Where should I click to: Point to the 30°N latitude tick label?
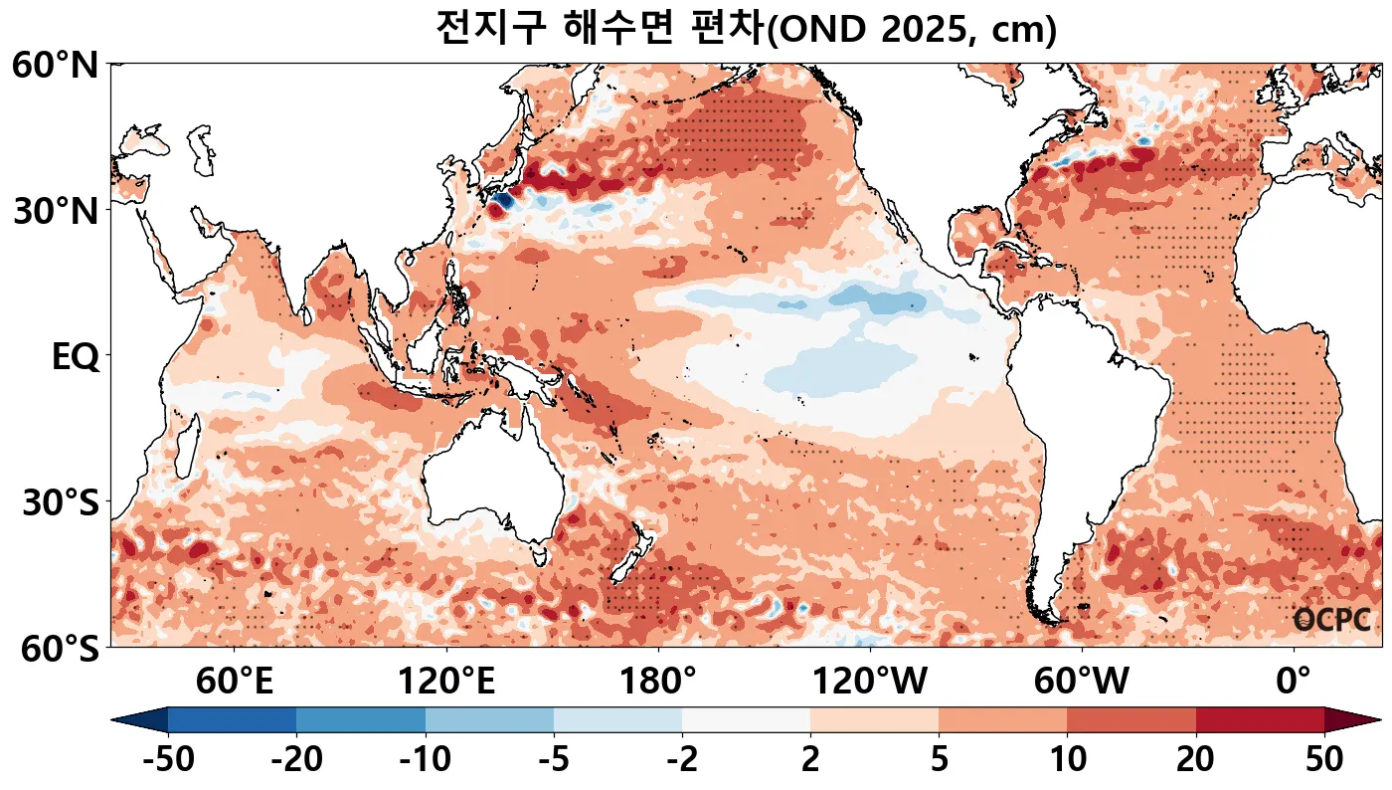55,211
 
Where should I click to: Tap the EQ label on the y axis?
75,356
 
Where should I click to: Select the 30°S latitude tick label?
60,502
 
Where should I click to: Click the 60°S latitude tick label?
55,649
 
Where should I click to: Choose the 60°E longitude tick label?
234,683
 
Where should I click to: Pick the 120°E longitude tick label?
445,683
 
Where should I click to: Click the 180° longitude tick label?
658,683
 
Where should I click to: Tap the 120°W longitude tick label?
870,683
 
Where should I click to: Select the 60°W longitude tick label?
1082,683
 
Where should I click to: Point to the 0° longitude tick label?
1294,683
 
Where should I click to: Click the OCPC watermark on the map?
1331,620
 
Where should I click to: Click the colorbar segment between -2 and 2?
746,719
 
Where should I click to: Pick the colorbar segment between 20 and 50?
1260,719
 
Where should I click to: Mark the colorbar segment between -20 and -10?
361,719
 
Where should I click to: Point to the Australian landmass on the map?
492,493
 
